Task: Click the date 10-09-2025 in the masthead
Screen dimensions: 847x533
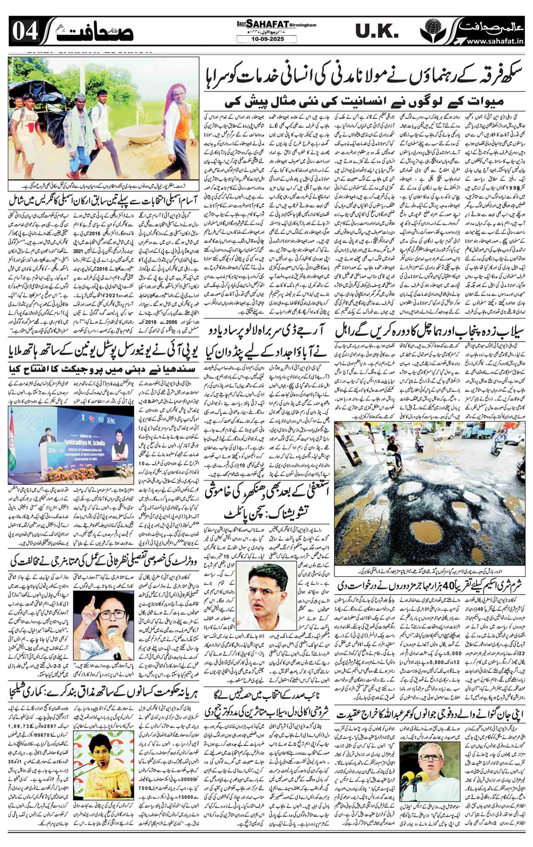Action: [x=266, y=39]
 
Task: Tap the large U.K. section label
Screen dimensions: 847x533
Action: [x=377, y=31]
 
